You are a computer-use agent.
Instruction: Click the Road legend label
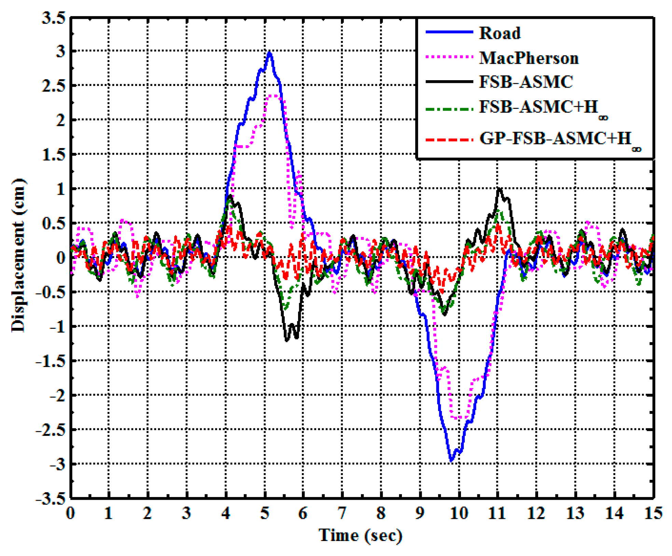(x=500, y=33)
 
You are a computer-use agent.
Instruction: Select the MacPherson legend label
(x=529, y=58)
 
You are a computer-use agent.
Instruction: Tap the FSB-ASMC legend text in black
(x=526, y=82)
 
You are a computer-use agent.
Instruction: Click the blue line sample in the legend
(x=449, y=32)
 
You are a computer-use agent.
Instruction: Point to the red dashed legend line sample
(x=449, y=140)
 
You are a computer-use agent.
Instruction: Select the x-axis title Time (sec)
(x=361, y=535)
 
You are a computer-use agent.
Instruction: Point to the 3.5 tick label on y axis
(x=53, y=18)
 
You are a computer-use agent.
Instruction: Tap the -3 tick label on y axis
(x=57, y=464)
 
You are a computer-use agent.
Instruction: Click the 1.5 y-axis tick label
(x=53, y=155)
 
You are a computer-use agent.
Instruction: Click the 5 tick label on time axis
(x=265, y=513)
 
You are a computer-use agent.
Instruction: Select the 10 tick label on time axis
(x=459, y=513)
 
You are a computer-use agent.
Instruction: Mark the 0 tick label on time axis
(x=70, y=513)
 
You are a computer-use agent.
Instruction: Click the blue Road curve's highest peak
(x=270, y=53)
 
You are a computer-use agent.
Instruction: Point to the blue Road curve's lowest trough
(x=451, y=460)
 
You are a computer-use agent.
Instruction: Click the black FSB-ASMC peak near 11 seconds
(x=499, y=188)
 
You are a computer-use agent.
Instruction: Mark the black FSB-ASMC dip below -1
(x=287, y=340)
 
